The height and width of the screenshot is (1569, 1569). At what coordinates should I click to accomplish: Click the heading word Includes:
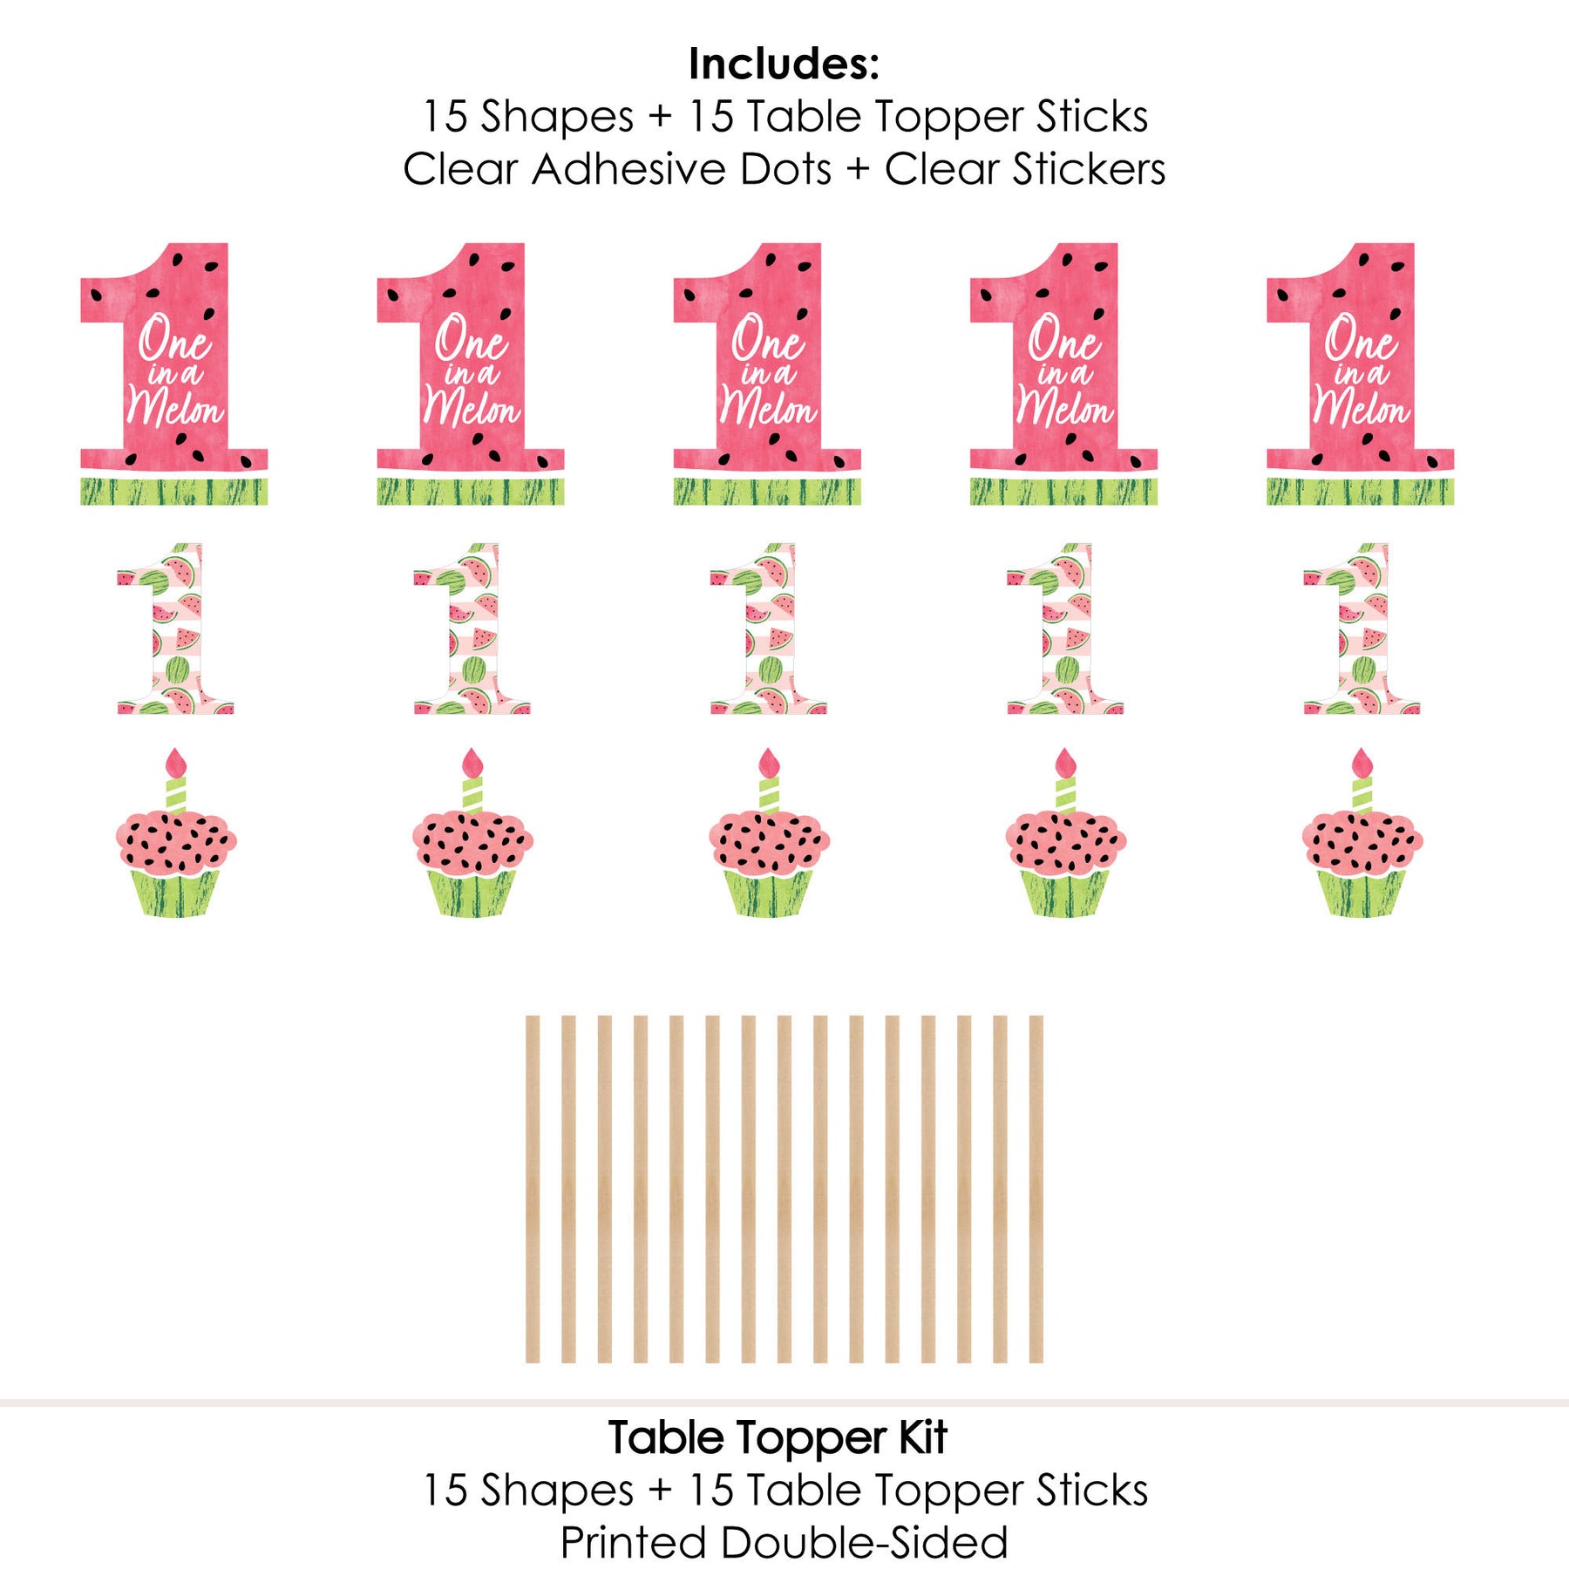784,64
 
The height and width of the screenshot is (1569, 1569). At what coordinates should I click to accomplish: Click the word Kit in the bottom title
922,1438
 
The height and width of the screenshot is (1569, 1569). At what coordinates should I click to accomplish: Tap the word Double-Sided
865,1543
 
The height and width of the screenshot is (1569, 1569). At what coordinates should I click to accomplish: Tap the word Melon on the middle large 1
768,408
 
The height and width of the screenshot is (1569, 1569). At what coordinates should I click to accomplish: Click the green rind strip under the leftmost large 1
174,492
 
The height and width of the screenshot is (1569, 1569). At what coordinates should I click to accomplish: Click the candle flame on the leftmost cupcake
176,763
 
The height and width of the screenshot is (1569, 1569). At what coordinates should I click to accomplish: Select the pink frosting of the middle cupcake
769,841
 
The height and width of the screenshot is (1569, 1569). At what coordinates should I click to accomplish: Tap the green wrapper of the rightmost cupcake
1362,893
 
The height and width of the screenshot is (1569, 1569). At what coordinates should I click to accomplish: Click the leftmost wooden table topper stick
533,1189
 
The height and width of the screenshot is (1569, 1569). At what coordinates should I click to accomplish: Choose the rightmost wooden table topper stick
1036,1189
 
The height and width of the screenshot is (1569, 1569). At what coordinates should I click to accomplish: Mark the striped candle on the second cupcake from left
472,795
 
